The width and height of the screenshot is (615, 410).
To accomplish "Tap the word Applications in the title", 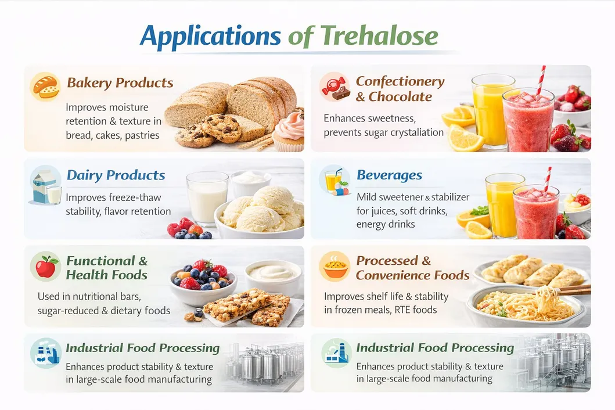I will point(210,36).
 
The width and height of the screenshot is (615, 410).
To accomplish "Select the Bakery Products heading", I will point(120,82).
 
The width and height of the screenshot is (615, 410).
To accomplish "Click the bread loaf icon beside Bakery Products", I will point(45,87).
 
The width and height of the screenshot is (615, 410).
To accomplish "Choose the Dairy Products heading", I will point(116,175).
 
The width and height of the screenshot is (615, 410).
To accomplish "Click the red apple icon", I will point(45,267).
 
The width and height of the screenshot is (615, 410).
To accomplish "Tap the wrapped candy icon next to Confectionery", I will point(335,87).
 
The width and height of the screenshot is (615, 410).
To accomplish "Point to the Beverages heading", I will point(389,175).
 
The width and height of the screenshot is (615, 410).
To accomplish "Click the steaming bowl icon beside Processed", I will point(335,267).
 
